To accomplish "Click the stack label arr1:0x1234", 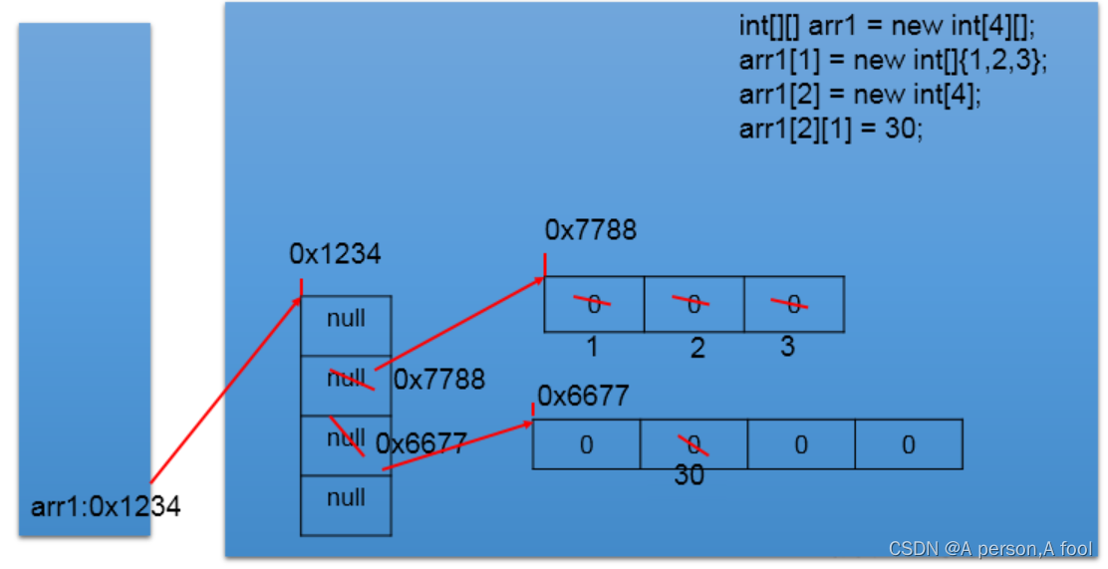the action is pyautogui.click(x=106, y=507).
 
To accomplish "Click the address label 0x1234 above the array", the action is pyautogui.click(x=335, y=255).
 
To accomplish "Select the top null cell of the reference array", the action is pyautogui.click(x=346, y=319).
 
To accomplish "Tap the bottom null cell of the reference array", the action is pyautogui.click(x=346, y=498).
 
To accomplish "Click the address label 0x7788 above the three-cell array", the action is pyautogui.click(x=590, y=230).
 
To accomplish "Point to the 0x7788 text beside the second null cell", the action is pyautogui.click(x=439, y=380).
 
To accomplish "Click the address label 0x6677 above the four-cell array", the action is pyautogui.click(x=584, y=397).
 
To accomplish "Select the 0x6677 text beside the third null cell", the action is pyautogui.click(x=421, y=443).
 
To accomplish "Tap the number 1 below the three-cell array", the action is pyautogui.click(x=592, y=348).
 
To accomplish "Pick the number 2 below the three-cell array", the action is pyautogui.click(x=696, y=348).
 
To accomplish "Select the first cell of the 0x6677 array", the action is pyautogui.click(x=586, y=444).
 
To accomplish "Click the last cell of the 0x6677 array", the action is pyautogui.click(x=908, y=444).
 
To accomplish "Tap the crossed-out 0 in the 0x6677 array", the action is pyautogui.click(x=692, y=444).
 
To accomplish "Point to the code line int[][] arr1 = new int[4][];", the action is pyautogui.click(x=888, y=26).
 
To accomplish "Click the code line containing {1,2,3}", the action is pyautogui.click(x=894, y=60).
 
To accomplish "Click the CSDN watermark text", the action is pyautogui.click(x=989, y=548).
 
